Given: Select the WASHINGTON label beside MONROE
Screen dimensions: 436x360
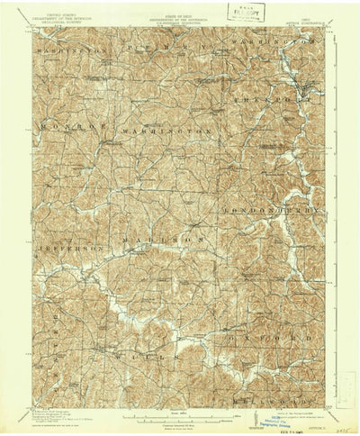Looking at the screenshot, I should pos(171,131).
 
